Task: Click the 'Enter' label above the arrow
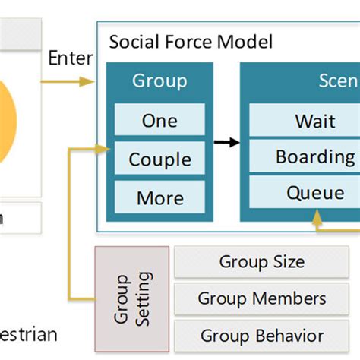[x=71, y=58]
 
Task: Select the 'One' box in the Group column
[x=159, y=120]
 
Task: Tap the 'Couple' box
[x=159, y=159]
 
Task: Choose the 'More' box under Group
[x=159, y=197]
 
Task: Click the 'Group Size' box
[x=261, y=263]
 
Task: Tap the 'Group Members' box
[x=261, y=298]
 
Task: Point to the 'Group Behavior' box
[x=261, y=335]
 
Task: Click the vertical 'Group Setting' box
[x=132, y=298]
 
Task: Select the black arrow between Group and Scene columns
[x=226, y=142]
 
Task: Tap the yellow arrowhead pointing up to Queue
[x=316, y=216]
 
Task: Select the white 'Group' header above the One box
[x=159, y=81]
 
